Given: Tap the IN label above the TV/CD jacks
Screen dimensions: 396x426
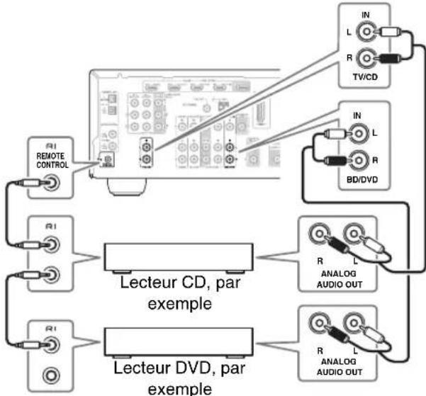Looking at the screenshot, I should (x=366, y=14).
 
